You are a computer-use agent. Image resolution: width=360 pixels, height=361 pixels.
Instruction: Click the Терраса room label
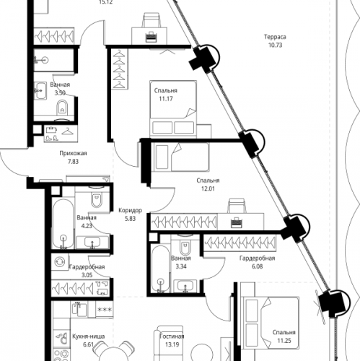pyautogui.click(x=274, y=36)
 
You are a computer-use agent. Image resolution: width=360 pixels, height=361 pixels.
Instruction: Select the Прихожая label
pyautogui.click(x=74, y=154)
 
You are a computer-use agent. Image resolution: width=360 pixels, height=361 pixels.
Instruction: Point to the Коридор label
pyautogui.click(x=130, y=210)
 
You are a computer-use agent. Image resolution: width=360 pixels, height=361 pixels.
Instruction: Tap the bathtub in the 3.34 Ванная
pyautogui.click(x=159, y=269)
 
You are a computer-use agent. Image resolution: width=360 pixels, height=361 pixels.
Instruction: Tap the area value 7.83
pyautogui.click(x=73, y=162)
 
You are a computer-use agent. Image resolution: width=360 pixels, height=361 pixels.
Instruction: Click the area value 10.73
pyautogui.click(x=274, y=45)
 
